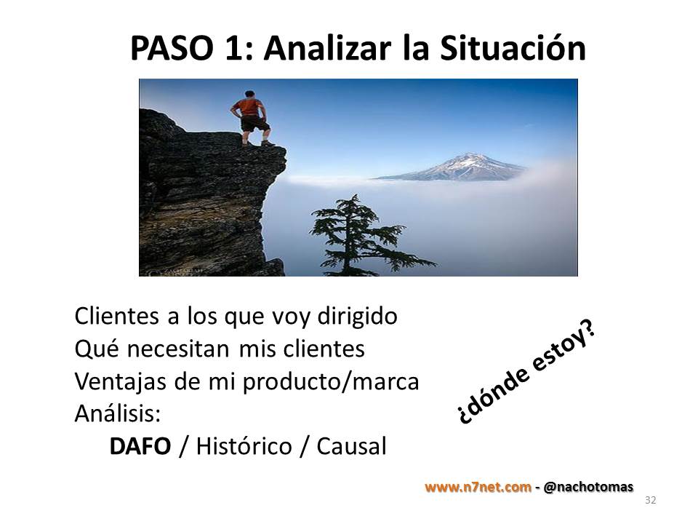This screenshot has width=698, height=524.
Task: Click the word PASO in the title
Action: pos(172,48)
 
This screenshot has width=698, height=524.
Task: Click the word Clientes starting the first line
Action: pos(116,316)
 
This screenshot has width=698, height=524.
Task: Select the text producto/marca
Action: pos(331,382)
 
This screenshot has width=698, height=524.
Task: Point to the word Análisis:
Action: pos(118,413)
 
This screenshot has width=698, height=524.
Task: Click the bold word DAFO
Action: pos(140,446)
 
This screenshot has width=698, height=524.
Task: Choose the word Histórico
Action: pos(244,446)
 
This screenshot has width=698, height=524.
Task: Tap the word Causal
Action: pos(351,446)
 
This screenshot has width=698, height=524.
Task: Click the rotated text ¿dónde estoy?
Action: pos(526,373)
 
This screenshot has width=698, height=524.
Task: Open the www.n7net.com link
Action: pos(478,487)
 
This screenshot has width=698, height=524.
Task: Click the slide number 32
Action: pos(650,500)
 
